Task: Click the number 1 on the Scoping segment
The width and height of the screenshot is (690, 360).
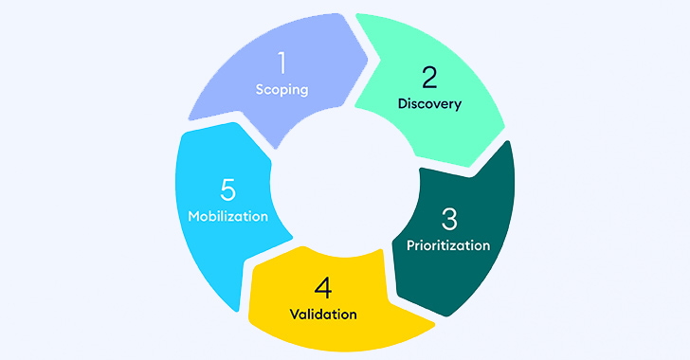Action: click(281, 63)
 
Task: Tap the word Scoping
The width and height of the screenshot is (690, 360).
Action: click(281, 90)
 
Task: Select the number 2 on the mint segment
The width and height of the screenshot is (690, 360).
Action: click(429, 77)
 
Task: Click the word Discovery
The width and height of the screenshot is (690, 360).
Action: click(429, 104)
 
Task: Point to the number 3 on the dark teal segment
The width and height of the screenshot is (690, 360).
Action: click(448, 219)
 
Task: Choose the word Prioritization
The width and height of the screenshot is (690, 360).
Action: click(448, 245)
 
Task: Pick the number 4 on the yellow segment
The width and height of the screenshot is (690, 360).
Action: click(324, 287)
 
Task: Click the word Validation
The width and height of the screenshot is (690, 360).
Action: click(324, 314)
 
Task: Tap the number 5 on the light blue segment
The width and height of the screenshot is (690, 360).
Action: click(227, 189)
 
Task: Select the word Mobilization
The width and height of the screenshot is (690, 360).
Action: click(227, 216)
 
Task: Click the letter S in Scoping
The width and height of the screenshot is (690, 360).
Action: click(260, 90)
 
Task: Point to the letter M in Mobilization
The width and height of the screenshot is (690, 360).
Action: click(194, 216)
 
